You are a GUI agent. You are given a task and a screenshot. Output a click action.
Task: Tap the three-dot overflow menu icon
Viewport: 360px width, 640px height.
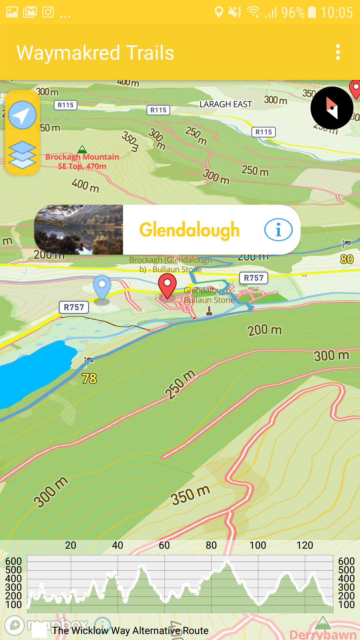pyautogui.click(x=338, y=52)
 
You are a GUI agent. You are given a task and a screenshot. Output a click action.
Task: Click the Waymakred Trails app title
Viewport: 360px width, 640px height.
pyautogui.click(x=95, y=53)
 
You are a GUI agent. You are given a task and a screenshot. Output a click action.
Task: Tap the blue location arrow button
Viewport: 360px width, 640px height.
pyautogui.click(x=22, y=115)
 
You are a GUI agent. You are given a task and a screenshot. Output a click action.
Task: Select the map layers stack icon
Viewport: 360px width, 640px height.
pyautogui.click(x=22, y=155)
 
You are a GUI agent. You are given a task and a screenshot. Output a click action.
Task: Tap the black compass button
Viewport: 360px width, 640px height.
pyautogui.click(x=332, y=108)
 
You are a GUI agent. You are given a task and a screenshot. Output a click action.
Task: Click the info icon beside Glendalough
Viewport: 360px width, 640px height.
pyautogui.click(x=278, y=230)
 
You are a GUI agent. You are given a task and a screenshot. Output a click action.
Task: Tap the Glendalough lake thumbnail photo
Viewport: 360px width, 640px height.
pyautogui.click(x=79, y=230)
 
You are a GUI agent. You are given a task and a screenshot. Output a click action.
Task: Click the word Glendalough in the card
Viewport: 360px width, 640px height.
pyautogui.click(x=189, y=230)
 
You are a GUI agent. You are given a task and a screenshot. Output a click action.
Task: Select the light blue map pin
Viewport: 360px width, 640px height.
pyautogui.click(x=102, y=286)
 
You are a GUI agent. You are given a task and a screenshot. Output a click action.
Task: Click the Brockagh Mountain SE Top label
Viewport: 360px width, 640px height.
pyautogui.click(x=82, y=162)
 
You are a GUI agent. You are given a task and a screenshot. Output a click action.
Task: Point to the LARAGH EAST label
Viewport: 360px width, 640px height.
pyautogui.click(x=226, y=104)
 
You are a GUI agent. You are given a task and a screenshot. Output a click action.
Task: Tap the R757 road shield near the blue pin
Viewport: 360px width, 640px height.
pyautogui.click(x=74, y=307)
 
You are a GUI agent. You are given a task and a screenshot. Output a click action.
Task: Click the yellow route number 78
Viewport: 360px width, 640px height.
pyautogui.click(x=89, y=379)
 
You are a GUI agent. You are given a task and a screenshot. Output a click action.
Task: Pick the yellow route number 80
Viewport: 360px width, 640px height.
pyautogui.click(x=347, y=259)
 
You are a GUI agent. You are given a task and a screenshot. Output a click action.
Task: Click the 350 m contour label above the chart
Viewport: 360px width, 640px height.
pyautogui.click(x=190, y=495)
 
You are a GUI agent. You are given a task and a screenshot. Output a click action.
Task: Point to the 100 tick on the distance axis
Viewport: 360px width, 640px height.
pyautogui.click(x=258, y=545)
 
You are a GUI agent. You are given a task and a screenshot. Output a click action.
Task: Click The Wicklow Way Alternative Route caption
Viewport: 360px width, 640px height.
pyautogui.click(x=130, y=631)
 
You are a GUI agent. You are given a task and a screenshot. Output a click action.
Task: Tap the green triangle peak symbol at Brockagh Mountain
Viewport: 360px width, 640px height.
pyautogui.click(x=82, y=149)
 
